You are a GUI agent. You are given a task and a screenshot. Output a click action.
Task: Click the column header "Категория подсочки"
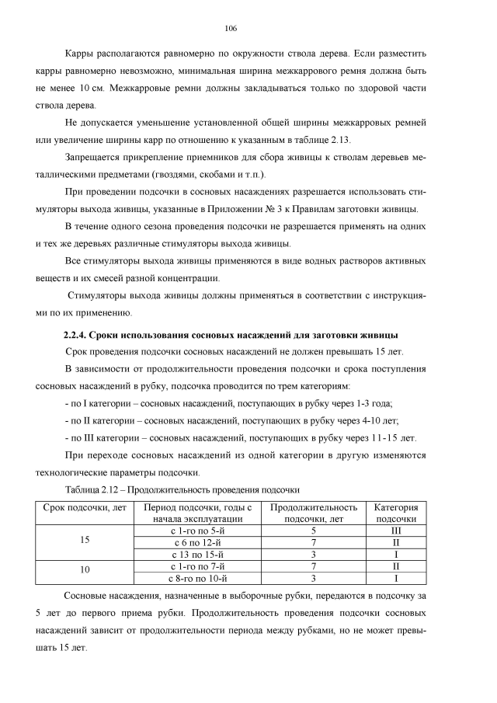click(396, 512)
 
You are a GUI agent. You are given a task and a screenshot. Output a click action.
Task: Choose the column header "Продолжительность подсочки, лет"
click(313, 512)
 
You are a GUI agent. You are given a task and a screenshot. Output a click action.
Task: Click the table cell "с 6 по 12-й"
click(196, 541)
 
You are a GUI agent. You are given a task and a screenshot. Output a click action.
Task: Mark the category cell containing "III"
click(396, 530)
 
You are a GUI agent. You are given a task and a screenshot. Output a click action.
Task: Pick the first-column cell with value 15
click(85, 541)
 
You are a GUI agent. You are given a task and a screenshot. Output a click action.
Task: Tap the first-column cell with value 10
click(85, 571)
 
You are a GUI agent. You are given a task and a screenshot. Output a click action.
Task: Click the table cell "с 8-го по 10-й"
click(196, 577)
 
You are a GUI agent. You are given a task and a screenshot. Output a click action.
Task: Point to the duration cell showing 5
click(313, 530)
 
